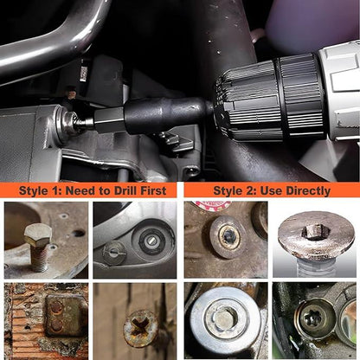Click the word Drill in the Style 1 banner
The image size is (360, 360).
(x=125, y=190)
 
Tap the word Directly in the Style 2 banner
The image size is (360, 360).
(x=310, y=191)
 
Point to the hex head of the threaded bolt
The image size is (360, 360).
(x=38, y=235)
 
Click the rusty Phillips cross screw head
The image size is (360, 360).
(x=140, y=328)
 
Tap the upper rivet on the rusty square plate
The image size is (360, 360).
(x=56, y=308)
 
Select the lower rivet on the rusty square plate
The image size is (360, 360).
(x=56, y=325)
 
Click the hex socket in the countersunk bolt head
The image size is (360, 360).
(x=316, y=232)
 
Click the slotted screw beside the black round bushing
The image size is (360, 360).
(x=114, y=253)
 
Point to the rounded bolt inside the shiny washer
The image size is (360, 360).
(x=225, y=318)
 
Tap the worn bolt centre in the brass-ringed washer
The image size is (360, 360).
(x=229, y=237)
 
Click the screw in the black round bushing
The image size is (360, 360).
(x=152, y=241)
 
